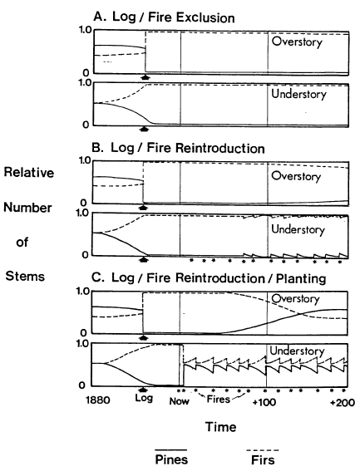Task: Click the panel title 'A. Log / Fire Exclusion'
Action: coord(164,17)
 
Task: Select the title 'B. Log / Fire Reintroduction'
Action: coord(178,148)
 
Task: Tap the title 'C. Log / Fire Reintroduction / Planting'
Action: coord(209,278)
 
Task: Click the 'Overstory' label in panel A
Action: coord(297,42)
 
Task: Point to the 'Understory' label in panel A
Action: coord(298,95)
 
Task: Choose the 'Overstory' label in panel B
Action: coord(296,176)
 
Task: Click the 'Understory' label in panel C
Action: coord(297,351)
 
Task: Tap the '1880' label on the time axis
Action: coord(98,400)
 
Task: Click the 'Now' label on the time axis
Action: coord(180,401)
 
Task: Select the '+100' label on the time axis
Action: coord(264,402)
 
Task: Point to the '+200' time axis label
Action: coord(343,402)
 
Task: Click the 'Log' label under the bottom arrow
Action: coord(144,398)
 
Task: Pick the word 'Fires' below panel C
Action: coord(219,400)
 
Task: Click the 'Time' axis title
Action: coord(221,427)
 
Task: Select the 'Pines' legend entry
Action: coord(171,459)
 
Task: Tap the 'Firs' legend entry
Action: coord(263,460)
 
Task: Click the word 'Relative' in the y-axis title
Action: coord(29,173)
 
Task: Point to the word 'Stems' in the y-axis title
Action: coord(25,276)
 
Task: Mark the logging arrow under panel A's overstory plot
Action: coord(145,77)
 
